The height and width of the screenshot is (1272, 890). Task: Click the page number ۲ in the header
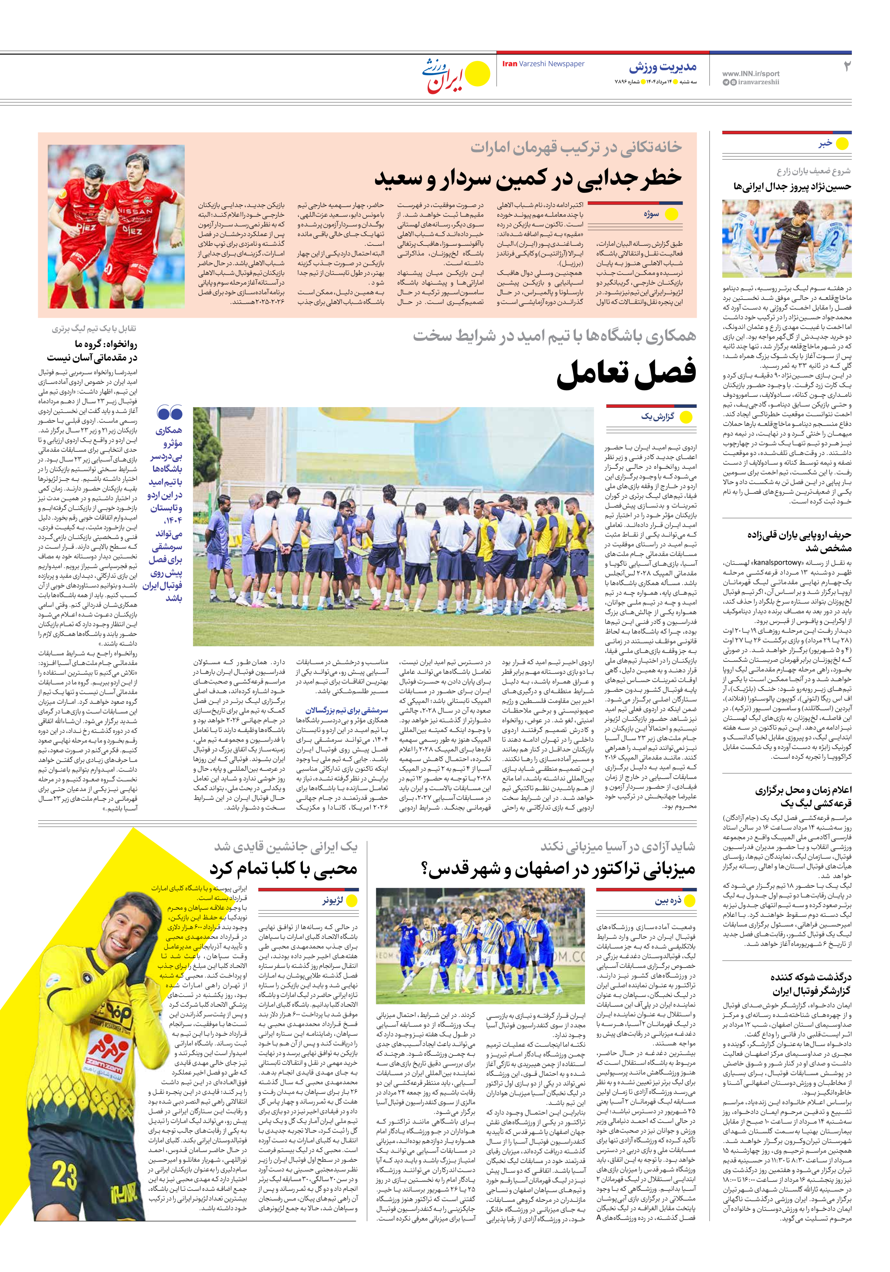[x=846, y=67]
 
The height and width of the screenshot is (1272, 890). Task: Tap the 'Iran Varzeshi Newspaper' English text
[x=543, y=64]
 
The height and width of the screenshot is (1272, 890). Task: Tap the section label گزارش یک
[x=658, y=417]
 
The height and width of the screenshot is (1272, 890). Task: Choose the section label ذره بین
[x=668, y=901]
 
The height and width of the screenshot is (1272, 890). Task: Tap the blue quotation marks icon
[x=169, y=413]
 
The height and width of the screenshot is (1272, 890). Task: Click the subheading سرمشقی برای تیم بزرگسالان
[x=347, y=710]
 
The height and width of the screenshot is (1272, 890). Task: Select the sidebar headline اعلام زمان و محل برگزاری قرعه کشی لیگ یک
[x=803, y=797]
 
